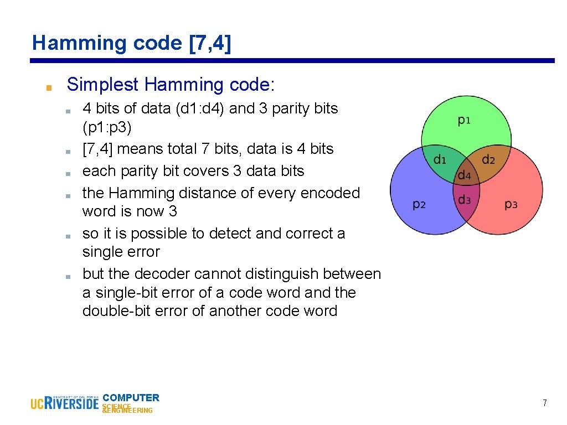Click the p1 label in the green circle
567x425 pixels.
pos(464,120)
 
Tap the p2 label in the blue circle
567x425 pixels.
pos(419,204)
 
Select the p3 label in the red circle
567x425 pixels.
pos(511,204)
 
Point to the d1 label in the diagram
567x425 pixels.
pos(440,160)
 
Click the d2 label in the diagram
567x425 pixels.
pos(488,160)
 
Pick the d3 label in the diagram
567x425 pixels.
pos(464,199)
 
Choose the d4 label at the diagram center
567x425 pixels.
pos(464,176)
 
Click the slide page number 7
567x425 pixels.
pos(544,403)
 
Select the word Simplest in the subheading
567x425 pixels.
pos(102,85)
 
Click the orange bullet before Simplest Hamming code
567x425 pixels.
pos(49,87)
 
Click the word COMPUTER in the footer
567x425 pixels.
pos(131,397)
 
